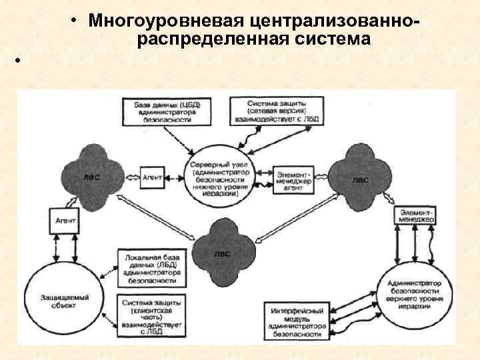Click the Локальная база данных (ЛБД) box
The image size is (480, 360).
[x=149, y=267]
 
